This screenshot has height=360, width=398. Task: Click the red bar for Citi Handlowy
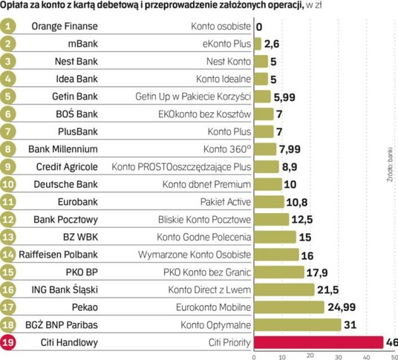click(319, 342)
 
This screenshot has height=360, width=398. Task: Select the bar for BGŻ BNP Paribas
click(298, 324)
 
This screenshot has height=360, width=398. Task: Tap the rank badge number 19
click(7, 342)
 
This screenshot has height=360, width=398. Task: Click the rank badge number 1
click(7, 27)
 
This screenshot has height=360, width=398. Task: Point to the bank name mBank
click(66, 45)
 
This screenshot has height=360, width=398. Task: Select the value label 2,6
click(272, 45)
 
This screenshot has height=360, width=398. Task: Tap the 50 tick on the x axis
click(383, 356)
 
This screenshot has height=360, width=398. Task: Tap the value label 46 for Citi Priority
click(391, 342)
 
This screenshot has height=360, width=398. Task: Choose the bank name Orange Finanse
click(66, 27)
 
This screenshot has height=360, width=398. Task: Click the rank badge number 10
click(7, 184)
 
